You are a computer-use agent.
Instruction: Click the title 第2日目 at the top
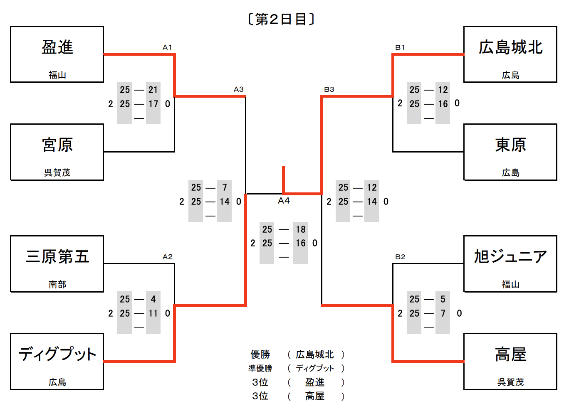[x=281, y=19]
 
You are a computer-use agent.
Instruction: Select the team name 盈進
[x=57, y=47]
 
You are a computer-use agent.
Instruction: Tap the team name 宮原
[x=57, y=145]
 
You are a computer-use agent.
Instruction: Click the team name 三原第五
[x=57, y=256]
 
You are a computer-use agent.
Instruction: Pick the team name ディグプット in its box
[x=57, y=354]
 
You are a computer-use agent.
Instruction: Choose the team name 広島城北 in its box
[x=510, y=47]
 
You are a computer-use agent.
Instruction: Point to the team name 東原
[x=510, y=145]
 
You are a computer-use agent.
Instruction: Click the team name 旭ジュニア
[x=510, y=256]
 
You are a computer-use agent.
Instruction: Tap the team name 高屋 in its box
[x=510, y=354]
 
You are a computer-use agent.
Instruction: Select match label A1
[x=167, y=47]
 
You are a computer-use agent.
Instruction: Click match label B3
[x=329, y=89]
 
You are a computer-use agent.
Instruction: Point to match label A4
[x=284, y=201]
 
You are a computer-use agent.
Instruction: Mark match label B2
[x=400, y=257]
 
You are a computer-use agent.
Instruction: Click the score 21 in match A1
[x=153, y=90]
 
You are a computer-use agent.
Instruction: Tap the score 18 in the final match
[x=301, y=229]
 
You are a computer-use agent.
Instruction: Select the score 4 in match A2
[x=153, y=299]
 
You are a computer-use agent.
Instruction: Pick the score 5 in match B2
[x=443, y=299]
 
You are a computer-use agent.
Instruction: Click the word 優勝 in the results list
[x=260, y=354]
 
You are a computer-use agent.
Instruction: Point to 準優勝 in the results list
[x=260, y=368]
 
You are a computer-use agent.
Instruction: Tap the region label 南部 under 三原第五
[x=57, y=284]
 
